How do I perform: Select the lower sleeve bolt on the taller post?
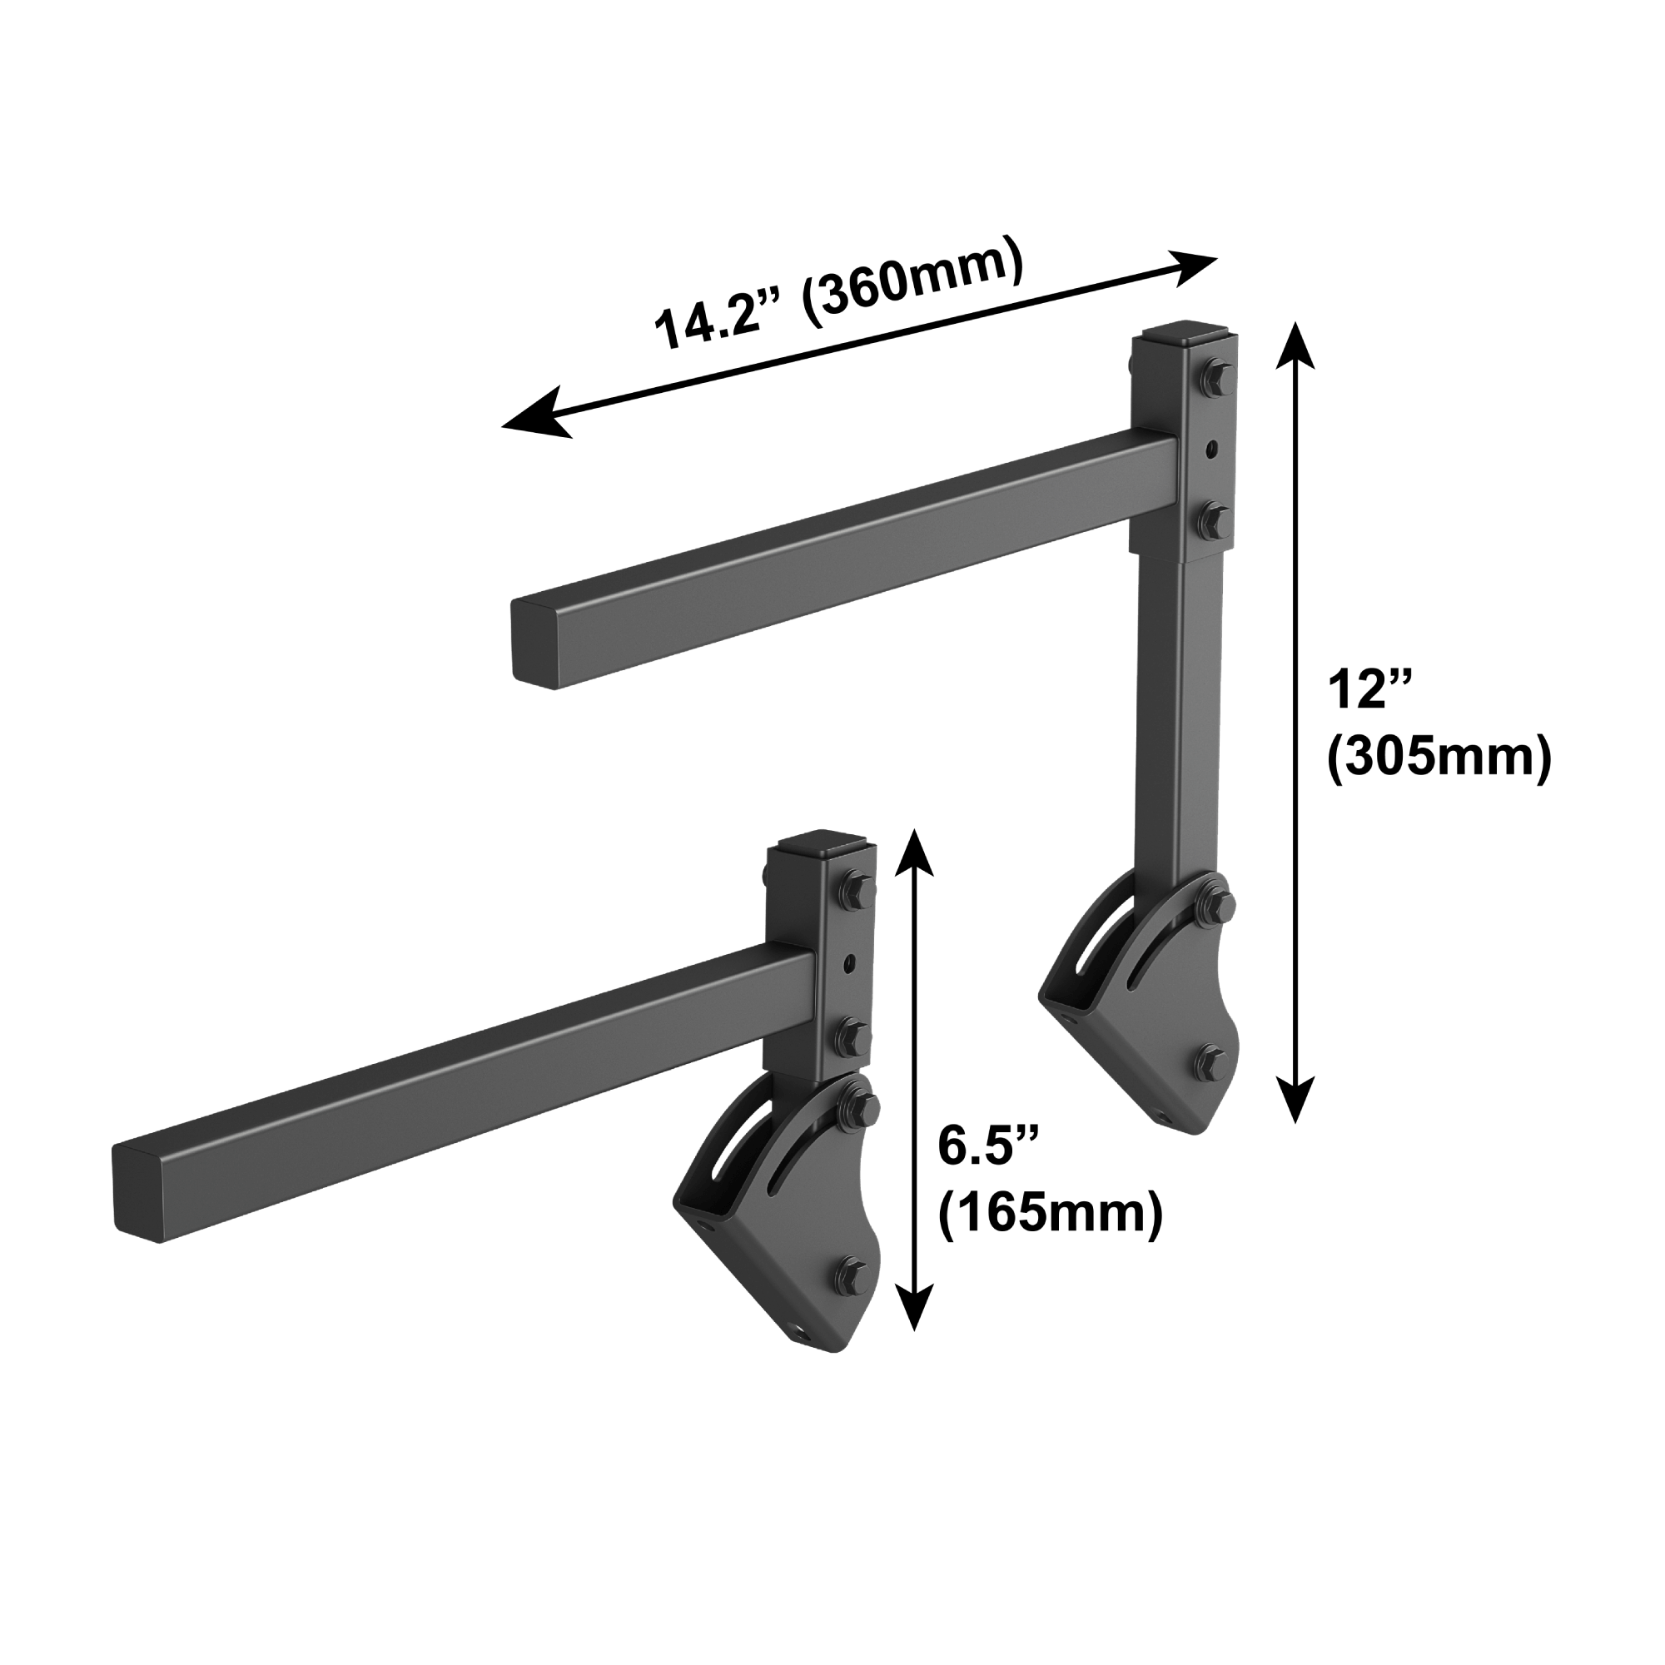(x=1215, y=517)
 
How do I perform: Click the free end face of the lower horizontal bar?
(x=139, y=1195)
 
